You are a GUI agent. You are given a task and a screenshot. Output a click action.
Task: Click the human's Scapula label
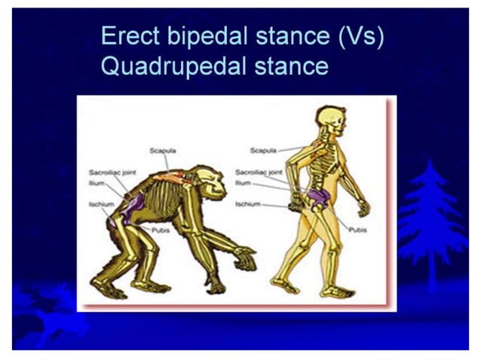[x=263, y=150]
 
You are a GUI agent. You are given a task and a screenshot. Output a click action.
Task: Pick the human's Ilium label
[x=243, y=182]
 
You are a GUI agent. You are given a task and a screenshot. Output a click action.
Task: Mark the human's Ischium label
[x=247, y=203]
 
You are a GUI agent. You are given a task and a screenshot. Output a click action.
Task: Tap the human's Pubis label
[x=357, y=230]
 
